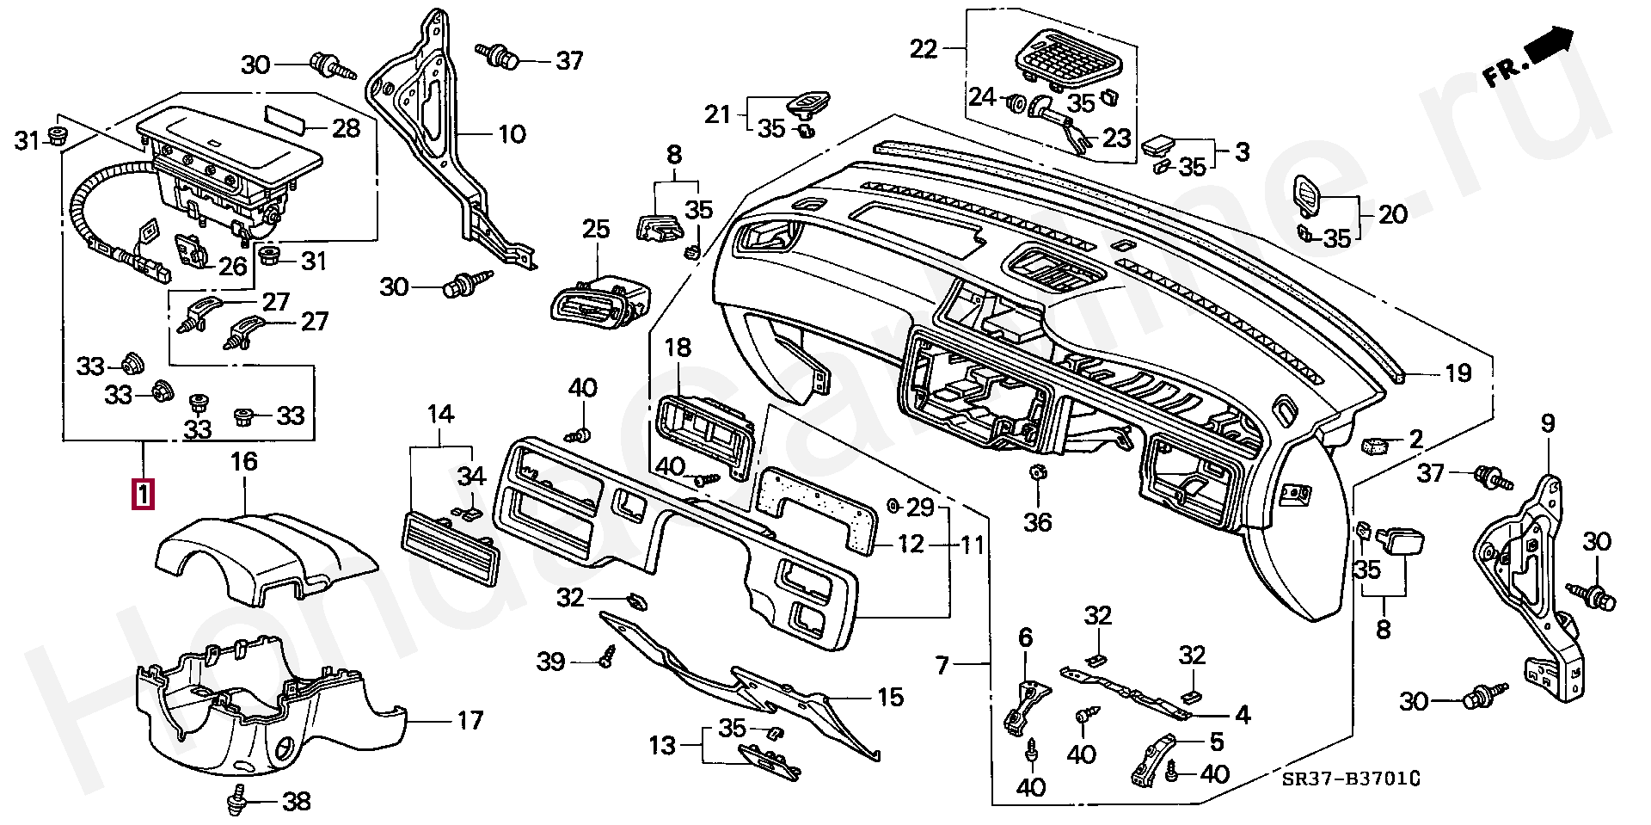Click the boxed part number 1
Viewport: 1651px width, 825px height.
[143, 495]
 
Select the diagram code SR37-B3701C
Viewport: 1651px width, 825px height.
[1350, 779]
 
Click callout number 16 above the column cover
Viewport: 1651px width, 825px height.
[244, 462]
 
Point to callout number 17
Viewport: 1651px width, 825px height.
[470, 720]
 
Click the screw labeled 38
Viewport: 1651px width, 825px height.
[236, 802]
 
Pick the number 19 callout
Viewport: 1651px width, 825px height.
[1458, 373]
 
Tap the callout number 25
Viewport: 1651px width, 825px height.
[596, 230]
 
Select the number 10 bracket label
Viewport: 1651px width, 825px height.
[512, 134]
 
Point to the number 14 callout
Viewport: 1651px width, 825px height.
[441, 415]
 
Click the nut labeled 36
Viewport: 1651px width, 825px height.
[1037, 472]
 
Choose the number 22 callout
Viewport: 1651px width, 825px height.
[924, 49]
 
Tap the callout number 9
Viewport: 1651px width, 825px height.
[1548, 423]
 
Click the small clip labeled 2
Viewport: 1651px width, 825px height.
[1373, 445]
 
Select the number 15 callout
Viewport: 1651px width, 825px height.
[890, 697]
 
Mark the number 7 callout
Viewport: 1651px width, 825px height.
[943, 665]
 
